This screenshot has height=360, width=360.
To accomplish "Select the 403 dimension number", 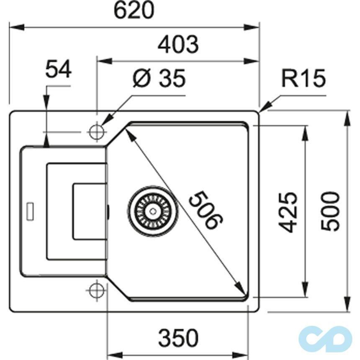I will pos(178,44).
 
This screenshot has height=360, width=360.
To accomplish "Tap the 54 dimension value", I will pos(59,69).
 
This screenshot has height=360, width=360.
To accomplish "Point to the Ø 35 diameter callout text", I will pos(158,78).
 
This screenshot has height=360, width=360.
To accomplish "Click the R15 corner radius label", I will pos(303,79).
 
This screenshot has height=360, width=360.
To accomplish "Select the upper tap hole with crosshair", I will pos(96,131).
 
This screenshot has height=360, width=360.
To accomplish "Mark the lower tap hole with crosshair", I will pos(96,290).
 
